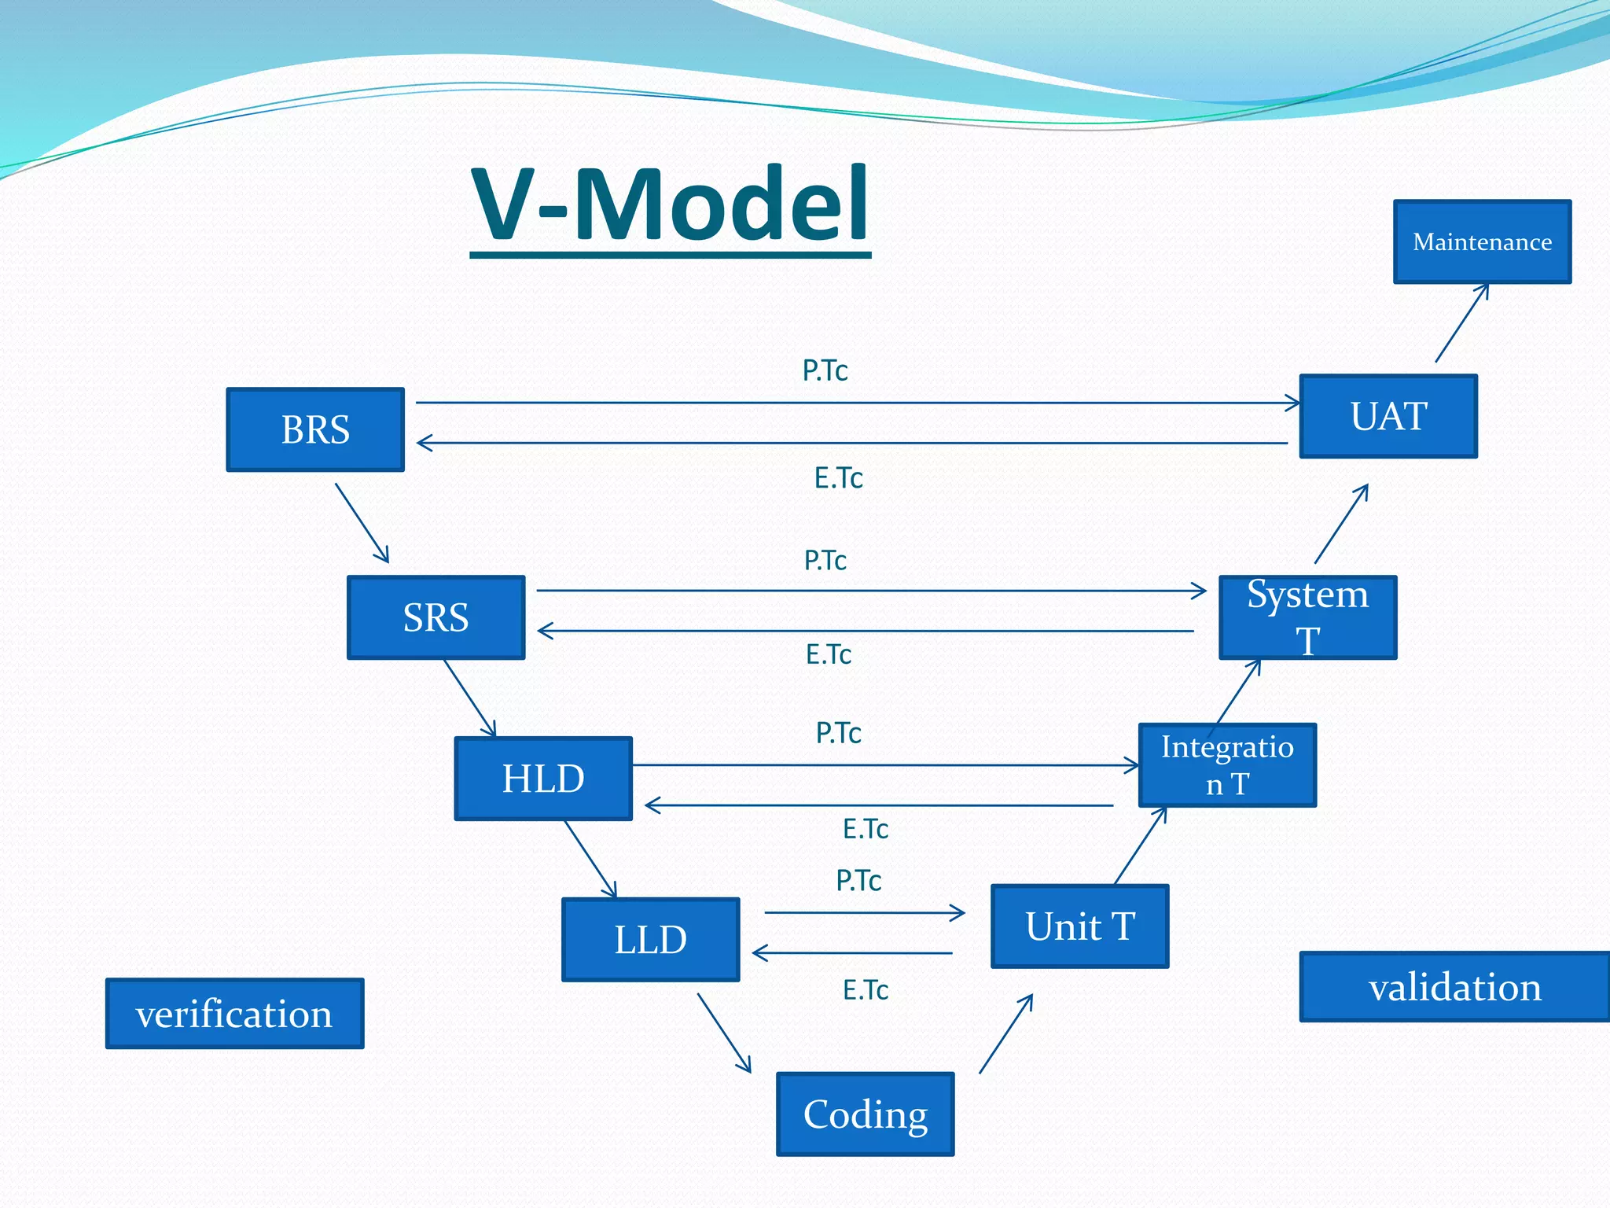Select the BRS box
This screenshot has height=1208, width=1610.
(x=315, y=429)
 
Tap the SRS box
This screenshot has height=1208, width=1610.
(x=436, y=617)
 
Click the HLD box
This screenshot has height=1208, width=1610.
(x=543, y=779)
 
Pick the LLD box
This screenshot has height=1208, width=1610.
(x=650, y=939)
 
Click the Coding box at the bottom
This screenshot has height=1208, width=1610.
(x=865, y=1114)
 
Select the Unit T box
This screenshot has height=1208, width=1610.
(x=1079, y=926)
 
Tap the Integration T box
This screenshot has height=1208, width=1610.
(x=1227, y=765)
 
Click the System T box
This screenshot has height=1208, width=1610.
(x=1307, y=617)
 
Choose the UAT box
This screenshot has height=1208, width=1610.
(x=1388, y=416)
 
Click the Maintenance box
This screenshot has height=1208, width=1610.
(x=1482, y=241)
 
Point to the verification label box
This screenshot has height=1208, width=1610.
(x=234, y=1014)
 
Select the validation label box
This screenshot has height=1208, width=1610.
(x=1454, y=987)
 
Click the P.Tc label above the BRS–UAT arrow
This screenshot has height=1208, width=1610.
(x=825, y=370)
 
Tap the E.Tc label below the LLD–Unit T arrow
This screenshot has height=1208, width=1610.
(x=865, y=990)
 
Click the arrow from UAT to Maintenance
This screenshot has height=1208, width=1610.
(x=1462, y=322)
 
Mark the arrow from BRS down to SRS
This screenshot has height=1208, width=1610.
(x=362, y=523)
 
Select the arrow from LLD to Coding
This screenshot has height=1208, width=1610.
(x=724, y=1033)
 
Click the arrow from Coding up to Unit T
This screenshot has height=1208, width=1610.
(x=1006, y=1033)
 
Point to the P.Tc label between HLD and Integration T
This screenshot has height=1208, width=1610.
(x=838, y=733)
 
